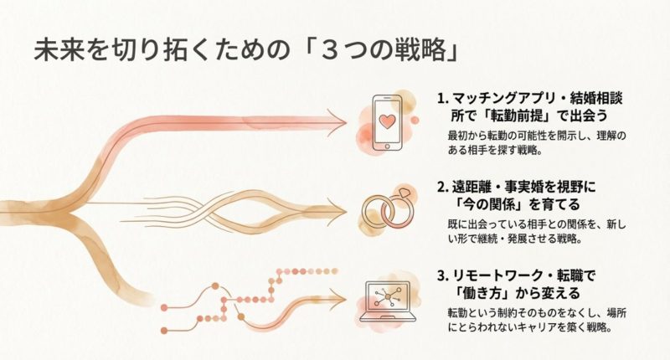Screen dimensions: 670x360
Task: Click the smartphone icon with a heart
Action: pos(387,122)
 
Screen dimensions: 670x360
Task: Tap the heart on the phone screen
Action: pos(387,121)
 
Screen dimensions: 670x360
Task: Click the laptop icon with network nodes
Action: pos(387,301)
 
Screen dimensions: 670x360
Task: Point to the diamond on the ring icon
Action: pos(403,193)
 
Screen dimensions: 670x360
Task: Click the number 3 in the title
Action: pos(328,51)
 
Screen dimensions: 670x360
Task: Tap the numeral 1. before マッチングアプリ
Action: pos(443,99)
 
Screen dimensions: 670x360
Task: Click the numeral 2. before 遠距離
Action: pos(443,187)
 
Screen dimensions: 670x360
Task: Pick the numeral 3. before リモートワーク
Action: pos(443,276)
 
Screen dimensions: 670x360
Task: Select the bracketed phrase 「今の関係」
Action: pos(489,204)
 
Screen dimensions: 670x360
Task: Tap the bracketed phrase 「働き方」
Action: pos(482,293)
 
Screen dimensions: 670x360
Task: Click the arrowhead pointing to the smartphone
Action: pos(338,122)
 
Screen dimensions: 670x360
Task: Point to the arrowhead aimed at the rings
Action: pos(338,211)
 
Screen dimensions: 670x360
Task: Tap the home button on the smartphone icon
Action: pos(387,146)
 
